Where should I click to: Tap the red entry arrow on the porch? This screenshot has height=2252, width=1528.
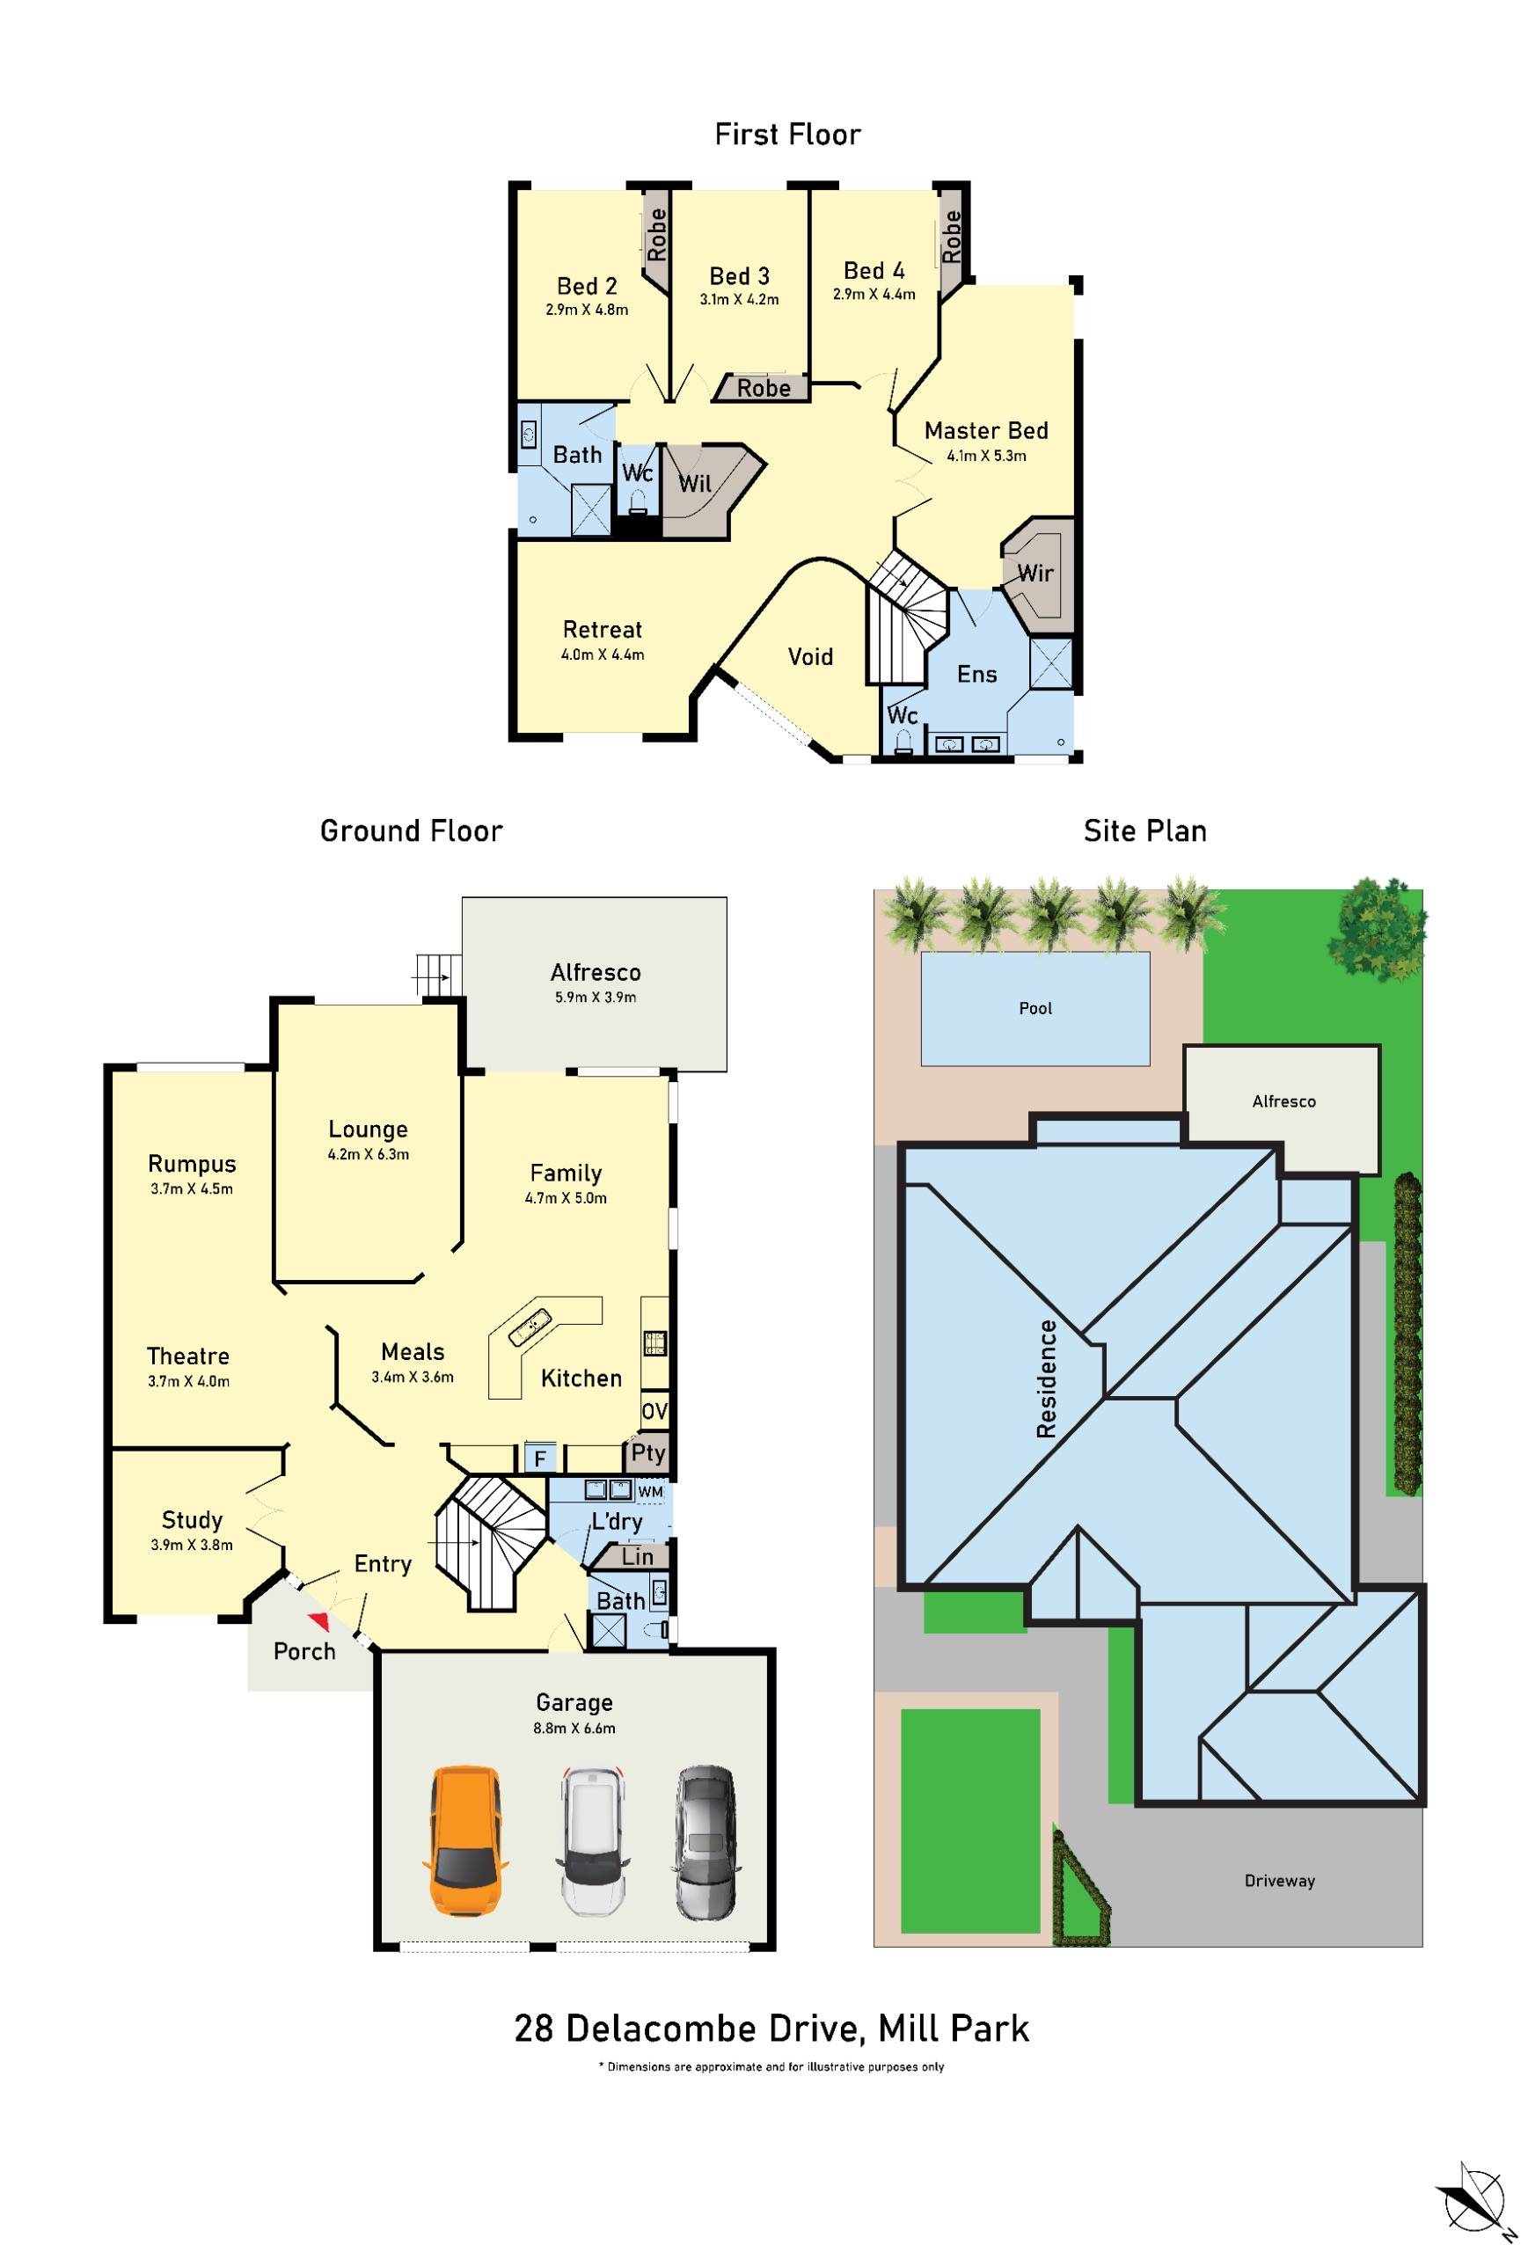[318, 1620]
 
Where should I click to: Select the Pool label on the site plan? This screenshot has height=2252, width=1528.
[1035, 1008]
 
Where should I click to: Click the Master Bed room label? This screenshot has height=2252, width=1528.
[985, 430]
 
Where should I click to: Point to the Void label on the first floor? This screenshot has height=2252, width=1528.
[810, 657]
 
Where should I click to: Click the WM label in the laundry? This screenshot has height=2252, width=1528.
[651, 1490]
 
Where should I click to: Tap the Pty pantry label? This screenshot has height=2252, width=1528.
[648, 1451]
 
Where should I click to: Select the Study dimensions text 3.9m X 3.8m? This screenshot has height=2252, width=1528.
[192, 1545]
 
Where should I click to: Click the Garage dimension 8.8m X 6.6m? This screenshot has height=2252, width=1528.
[574, 1728]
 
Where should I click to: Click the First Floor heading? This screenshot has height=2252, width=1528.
[786, 135]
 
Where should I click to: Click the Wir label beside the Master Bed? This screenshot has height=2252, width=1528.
[1035, 573]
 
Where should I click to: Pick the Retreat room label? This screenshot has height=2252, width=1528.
[602, 629]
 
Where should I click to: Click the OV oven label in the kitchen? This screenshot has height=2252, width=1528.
[654, 1412]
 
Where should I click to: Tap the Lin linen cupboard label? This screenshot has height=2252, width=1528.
[637, 1556]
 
